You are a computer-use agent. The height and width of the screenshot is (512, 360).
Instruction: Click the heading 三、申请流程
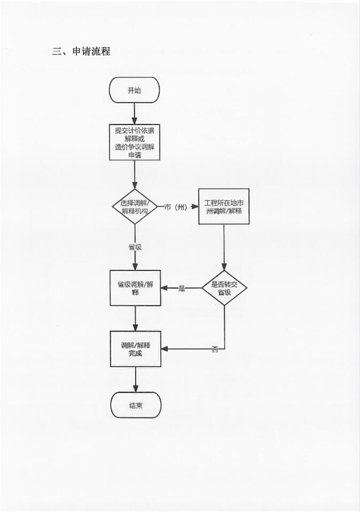pos(81,51)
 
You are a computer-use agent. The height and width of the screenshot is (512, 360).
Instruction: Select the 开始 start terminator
pos(135,90)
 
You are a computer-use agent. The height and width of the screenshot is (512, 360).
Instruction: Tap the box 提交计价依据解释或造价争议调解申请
pos(135,142)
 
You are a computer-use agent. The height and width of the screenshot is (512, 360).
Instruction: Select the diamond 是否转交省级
pos(224,288)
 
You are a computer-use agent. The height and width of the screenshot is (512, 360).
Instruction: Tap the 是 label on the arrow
pos(182,288)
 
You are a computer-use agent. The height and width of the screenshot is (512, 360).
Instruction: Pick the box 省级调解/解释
pos(135,288)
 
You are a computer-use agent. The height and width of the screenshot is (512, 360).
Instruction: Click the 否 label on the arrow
pos(215,349)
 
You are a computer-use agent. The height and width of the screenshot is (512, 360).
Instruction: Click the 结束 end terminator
pos(135,404)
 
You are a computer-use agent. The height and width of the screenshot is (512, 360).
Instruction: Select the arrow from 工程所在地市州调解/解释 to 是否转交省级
pos(224,248)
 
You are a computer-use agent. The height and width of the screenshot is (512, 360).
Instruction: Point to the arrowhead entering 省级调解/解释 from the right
pos(165,288)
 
